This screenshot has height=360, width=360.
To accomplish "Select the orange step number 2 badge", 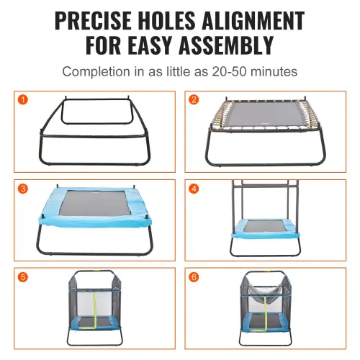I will [x=193, y=99].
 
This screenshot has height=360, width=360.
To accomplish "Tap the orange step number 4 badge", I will [x=193, y=189].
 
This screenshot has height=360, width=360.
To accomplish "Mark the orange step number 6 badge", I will [x=193, y=276].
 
